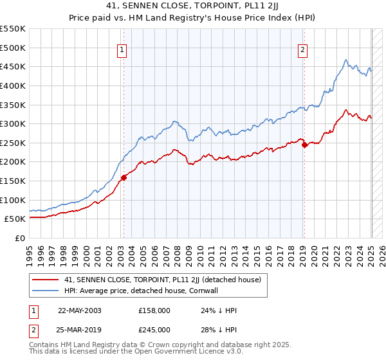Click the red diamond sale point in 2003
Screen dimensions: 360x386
point(124,178)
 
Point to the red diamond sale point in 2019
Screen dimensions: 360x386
point(305,145)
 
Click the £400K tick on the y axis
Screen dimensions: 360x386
point(13,85)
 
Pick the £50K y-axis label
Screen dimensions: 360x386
point(15,219)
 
